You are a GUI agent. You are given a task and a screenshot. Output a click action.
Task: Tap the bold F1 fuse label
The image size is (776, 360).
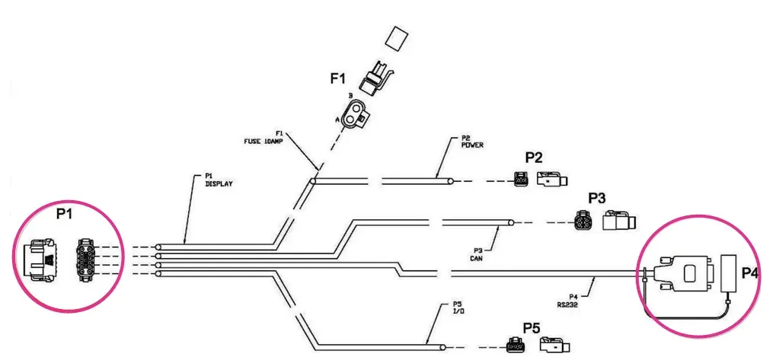pyautogui.click(x=339, y=78)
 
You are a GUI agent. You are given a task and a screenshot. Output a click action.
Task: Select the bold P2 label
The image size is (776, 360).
pyautogui.click(x=534, y=158)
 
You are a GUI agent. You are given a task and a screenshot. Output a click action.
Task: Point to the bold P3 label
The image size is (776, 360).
pyautogui.click(x=597, y=199)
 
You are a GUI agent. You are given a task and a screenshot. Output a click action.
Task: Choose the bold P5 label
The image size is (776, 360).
pyautogui.click(x=532, y=328)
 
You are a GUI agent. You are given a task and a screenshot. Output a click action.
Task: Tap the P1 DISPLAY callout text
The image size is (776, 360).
pyautogui.click(x=219, y=180)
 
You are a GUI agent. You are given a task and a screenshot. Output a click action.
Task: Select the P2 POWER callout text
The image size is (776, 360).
pyautogui.click(x=471, y=142)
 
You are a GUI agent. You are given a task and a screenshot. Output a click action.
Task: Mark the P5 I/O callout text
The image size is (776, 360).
pyautogui.click(x=458, y=308)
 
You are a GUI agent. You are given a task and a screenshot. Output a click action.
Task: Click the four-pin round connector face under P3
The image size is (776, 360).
pyautogui.click(x=583, y=221)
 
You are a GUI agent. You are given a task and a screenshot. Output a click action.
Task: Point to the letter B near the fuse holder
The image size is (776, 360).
pyautogui.click(x=350, y=95)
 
